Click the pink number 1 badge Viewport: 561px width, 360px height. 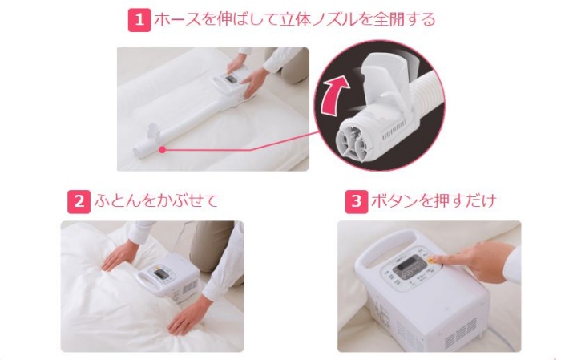[139, 20]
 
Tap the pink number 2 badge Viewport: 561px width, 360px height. [79, 202]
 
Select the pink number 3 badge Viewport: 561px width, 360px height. [357, 202]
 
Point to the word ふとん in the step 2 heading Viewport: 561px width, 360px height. [117, 201]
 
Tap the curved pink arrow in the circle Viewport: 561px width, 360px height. [334, 95]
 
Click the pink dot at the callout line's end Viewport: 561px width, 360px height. [162, 150]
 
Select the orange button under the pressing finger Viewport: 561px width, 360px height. [433, 260]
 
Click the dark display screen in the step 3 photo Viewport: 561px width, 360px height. [407, 265]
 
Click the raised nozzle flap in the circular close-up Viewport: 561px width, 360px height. [385, 77]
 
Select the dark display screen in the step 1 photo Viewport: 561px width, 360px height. [230, 79]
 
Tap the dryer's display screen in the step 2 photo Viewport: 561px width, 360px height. [160, 274]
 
